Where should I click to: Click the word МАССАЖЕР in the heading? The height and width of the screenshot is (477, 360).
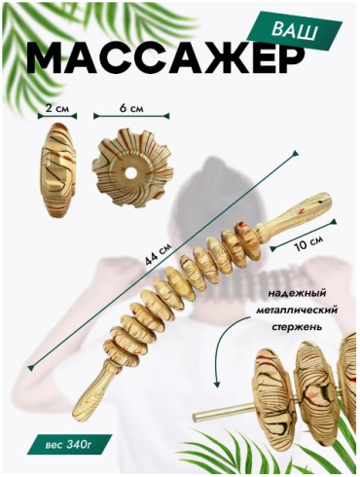tap(165, 60)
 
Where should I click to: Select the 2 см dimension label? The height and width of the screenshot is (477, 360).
tap(57, 108)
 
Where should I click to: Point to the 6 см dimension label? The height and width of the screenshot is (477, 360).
tap(131, 108)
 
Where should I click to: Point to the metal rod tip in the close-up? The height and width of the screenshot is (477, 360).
tap(196, 418)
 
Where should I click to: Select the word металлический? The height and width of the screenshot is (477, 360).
tap(297, 311)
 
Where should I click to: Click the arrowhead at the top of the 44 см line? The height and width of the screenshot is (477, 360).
tap(295, 153)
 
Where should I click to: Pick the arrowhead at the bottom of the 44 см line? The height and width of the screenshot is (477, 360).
tap(31, 367)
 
